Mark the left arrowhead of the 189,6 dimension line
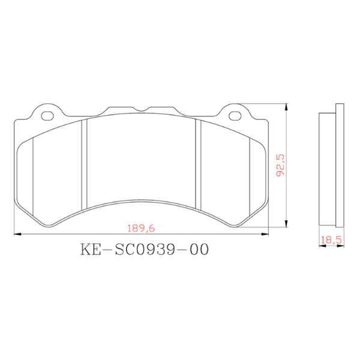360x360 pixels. [17, 234]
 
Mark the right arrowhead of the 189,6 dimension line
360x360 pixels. [266, 234]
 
